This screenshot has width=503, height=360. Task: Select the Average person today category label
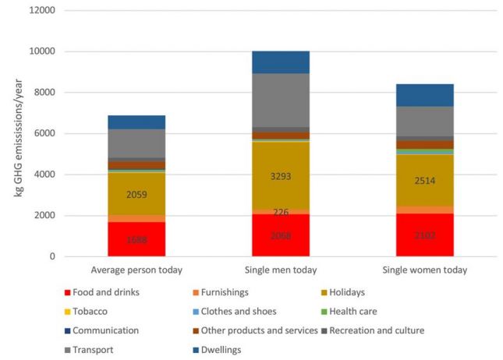136,270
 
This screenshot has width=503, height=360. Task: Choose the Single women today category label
424,270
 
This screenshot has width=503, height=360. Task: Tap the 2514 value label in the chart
424,180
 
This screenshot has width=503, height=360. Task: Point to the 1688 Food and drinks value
136,240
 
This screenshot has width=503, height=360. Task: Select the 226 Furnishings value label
281,212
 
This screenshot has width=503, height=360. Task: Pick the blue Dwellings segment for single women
424,95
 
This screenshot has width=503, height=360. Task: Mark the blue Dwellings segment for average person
136,122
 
